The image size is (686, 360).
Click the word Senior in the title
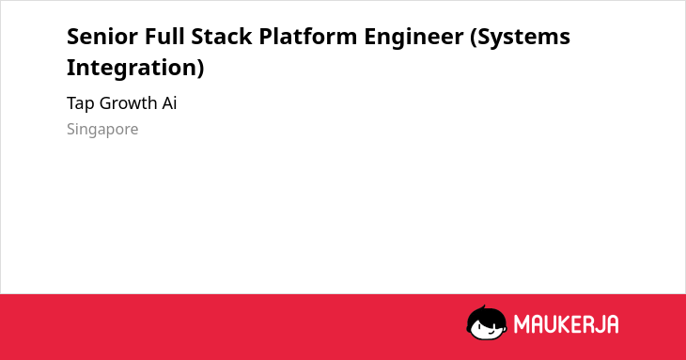pos(101,37)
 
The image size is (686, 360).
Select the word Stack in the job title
pos(222,37)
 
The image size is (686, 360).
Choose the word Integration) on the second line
pos(135,69)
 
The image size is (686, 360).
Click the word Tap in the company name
pos(81,103)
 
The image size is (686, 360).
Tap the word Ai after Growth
pos(170,103)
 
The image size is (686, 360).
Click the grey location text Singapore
pos(102,130)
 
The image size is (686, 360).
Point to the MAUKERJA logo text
pos(566,324)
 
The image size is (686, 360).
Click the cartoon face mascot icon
pos(487,323)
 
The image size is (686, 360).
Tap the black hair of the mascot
pos(486,315)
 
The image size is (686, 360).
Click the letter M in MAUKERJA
pos(521,324)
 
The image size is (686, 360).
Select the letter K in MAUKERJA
pos(564,324)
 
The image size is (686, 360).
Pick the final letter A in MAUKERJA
pos(612,324)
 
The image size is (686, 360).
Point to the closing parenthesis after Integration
pos(201,69)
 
